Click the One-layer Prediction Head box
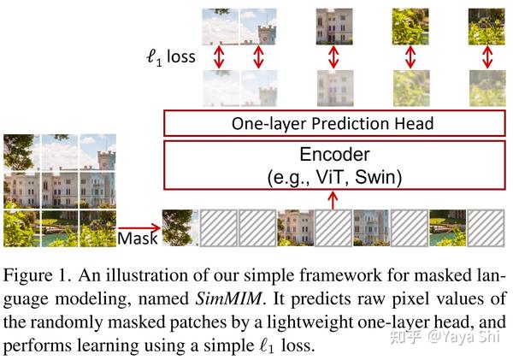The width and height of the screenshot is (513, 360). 334,123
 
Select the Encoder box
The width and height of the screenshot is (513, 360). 334,165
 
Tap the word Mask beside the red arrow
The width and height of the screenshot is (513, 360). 138,239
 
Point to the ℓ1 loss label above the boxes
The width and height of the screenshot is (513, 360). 170,57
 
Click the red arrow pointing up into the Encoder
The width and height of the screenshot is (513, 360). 333,200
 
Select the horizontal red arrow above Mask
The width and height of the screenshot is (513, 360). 139,227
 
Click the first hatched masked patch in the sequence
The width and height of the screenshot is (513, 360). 219,227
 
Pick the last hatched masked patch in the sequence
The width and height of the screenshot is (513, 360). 486,227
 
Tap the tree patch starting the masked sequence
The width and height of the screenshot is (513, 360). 180,227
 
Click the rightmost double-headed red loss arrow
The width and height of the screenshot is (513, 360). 487,57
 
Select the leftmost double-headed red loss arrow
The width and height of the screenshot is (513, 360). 219,57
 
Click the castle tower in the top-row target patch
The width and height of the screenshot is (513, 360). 267,34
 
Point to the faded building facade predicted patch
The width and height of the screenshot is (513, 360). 335,88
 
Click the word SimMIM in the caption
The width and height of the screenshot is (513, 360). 228,298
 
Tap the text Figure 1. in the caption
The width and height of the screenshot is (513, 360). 38,274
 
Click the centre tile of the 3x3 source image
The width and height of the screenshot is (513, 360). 60,190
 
